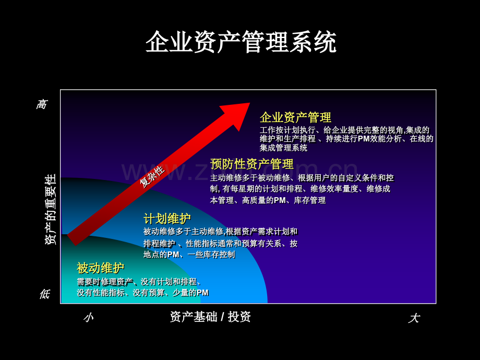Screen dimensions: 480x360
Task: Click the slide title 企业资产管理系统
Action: (241, 42)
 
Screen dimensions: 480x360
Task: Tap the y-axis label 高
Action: (42, 104)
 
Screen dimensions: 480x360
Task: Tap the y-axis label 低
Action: (45, 294)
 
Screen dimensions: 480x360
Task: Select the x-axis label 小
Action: (89, 318)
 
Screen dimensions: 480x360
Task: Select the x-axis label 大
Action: (414, 318)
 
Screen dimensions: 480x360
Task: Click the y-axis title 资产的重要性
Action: (51, 209)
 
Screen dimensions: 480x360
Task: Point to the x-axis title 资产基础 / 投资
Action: (210, 317)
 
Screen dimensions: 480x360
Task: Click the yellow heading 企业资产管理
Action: (295, 117)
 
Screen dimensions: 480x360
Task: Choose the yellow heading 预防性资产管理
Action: (252, 164)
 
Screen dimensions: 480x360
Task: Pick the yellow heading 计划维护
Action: (167, 219)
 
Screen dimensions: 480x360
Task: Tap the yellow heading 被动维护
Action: (100, 268)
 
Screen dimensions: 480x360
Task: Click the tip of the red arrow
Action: (250, 103)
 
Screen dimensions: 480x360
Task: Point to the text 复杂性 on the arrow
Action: (152, 177)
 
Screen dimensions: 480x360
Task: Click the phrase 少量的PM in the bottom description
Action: (190, 293)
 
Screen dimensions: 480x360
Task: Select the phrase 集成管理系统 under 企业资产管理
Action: (283, 148)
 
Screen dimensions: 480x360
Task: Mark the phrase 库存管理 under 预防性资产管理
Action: (310, 200)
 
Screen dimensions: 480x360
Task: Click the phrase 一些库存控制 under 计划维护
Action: (211, 255)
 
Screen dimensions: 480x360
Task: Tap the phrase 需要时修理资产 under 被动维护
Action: (105, 282)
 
